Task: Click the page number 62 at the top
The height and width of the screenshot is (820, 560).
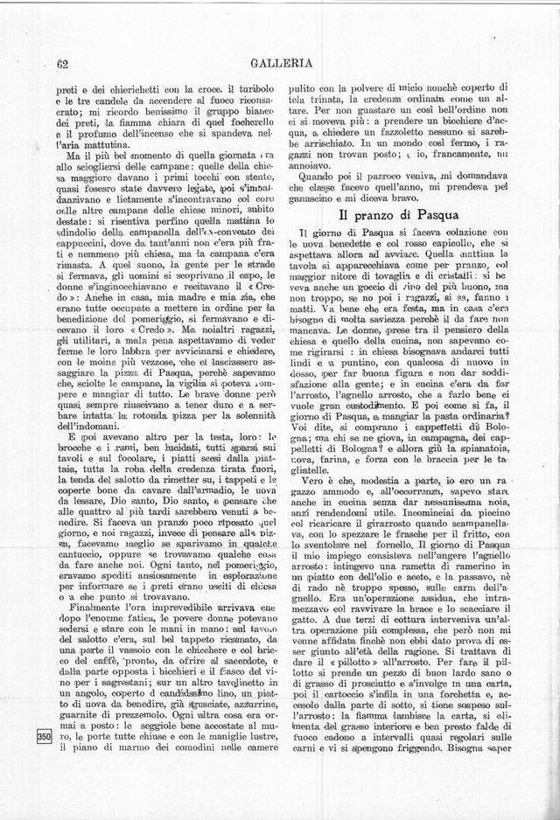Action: (x=62, y=61)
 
